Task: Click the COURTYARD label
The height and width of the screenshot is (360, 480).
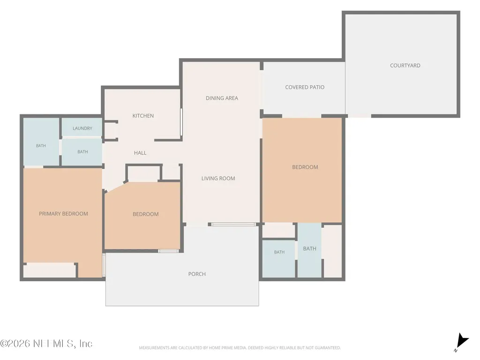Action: coord(405,66)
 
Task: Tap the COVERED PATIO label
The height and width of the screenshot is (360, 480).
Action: coord(305,87)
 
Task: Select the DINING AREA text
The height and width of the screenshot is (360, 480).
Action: coord(222,98)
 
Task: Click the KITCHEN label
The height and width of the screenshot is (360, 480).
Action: coord(143,116)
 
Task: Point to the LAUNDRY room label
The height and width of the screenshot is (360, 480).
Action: coord(82,128)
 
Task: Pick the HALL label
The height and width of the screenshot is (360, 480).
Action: coord(140,153)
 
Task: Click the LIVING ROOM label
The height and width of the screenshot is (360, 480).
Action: coord(218,179)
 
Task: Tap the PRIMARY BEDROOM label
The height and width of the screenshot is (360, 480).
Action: coord(63,214)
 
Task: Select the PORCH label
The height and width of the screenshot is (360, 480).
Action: coord(197,274)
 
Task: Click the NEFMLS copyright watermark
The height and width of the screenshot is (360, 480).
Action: coord(46,344)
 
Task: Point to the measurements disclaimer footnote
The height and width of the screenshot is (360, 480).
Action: coord(240,348)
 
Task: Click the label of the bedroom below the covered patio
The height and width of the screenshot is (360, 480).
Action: coord(305,167)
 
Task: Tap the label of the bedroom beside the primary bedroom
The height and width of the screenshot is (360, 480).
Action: coord(145,214)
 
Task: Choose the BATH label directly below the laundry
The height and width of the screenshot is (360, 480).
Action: coord(82,152)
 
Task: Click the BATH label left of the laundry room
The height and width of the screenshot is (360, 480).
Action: coord(41,146)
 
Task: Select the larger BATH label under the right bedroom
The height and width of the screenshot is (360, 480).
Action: coord(309,248)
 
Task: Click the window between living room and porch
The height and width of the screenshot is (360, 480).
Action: coord(233,225)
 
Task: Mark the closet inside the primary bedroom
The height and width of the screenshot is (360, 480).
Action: coord(50,270)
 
